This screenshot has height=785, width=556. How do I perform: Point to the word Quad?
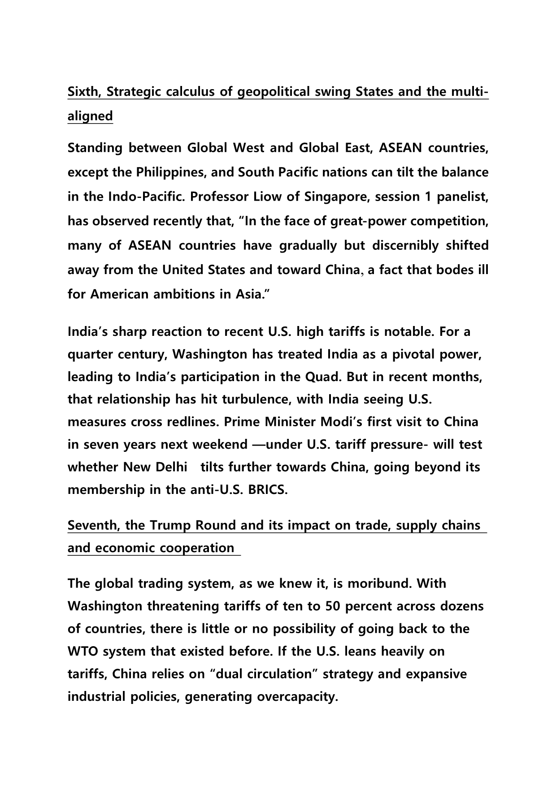point(322,377)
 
